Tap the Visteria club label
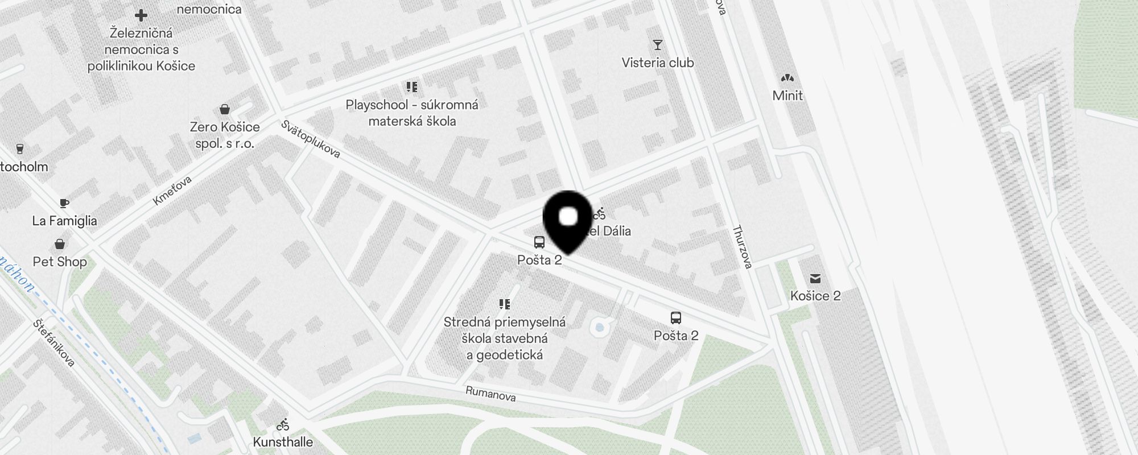pos(658,63)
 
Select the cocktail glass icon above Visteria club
pos(658,45)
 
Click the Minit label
pos(787,96)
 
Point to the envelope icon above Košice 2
pos(815,278)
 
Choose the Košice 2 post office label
pos(815,296)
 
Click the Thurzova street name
pos(742,247)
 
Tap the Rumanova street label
pos(490,394)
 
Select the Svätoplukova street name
pos(311,139)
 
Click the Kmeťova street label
pos(172,191)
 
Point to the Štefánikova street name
pos(54,343)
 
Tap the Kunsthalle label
pos(283,442)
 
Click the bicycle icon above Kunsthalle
pos(283,425)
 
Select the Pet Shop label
pos(60,262)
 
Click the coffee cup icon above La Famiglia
pos(64,203)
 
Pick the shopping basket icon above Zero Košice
pos(225,109)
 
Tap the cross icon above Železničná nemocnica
pos(141,15)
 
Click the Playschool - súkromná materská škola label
pos(412,113)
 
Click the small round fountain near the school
pos(598,327)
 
